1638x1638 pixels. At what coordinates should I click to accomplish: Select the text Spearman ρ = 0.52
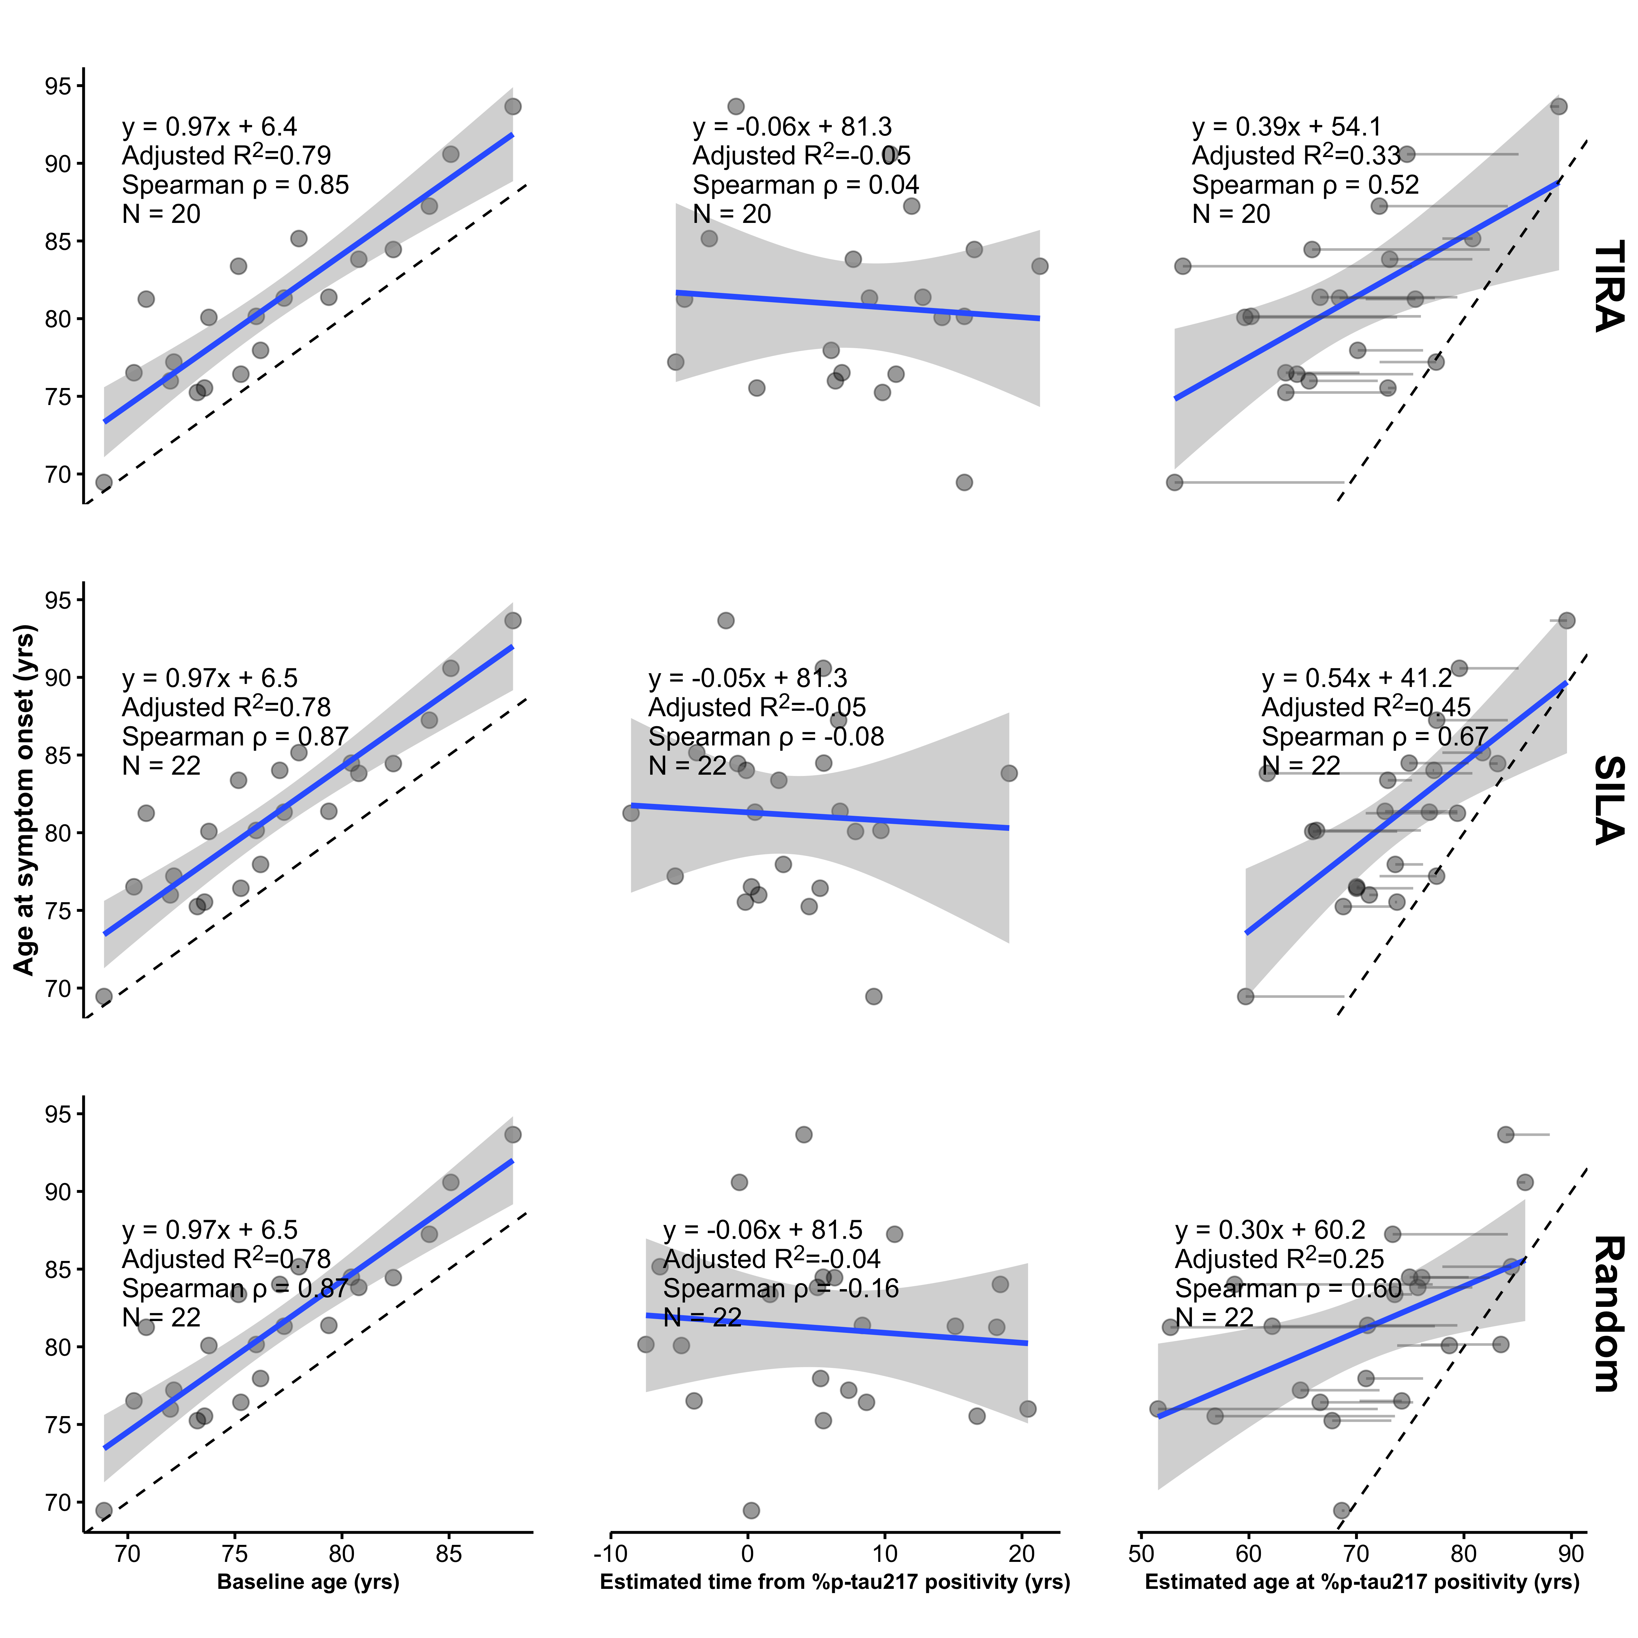[x=1305, y=185]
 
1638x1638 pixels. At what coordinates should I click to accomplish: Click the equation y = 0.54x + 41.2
[x=1357, y=678]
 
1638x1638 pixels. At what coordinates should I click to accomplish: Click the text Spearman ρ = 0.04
[x=806, y=185]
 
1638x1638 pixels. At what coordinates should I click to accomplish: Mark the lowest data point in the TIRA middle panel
[x=964, y=482]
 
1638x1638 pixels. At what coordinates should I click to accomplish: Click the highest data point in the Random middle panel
[x=804, y=1134]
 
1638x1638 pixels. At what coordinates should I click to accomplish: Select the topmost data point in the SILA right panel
[x=1567, y=621]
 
